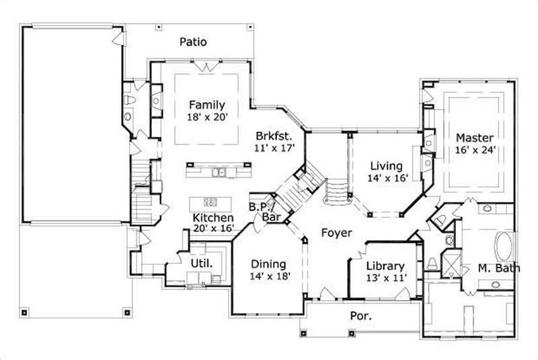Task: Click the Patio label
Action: pyautogui.click(x=193, y=42)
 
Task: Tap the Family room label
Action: pyautogui.click(x=206, y=105)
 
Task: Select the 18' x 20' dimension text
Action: pyautogui.click(x=208, y=117)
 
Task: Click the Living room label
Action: pyautogui.click(x=387, y=166)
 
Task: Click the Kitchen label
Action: pyautogui.click(x=213, y=218)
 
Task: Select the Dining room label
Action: pyautogui.click(x=268, y=264)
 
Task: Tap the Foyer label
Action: pyautogui.click(x=336, y=233)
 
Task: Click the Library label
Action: pyautogui.click(x=385, y=265)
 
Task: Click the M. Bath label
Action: pyautogui.click(x=499, y=268)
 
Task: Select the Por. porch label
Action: pyautogui.click(x=362, y=315)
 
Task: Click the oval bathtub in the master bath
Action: pyautogui.click(x=503, y=247)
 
